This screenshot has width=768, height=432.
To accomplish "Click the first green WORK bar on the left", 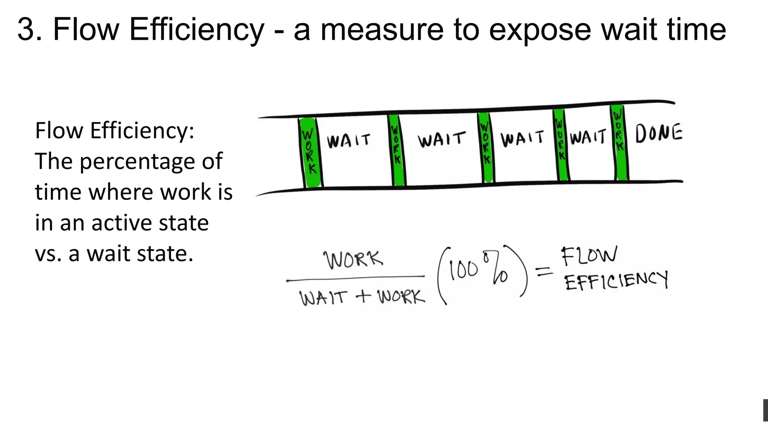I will coord(310,152).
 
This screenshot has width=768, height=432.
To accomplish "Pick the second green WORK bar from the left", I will coord(396,150).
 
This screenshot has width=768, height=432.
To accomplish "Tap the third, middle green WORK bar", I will coord(486,147).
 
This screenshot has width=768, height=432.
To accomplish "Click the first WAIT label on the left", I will coord(348,141).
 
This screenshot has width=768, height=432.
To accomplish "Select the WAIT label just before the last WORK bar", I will coord(588,137).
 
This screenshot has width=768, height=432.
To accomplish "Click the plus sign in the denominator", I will coord(363,297).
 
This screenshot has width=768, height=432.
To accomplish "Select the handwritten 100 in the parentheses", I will coord(463,270).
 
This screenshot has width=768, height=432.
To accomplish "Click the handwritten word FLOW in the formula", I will coord(588,256).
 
